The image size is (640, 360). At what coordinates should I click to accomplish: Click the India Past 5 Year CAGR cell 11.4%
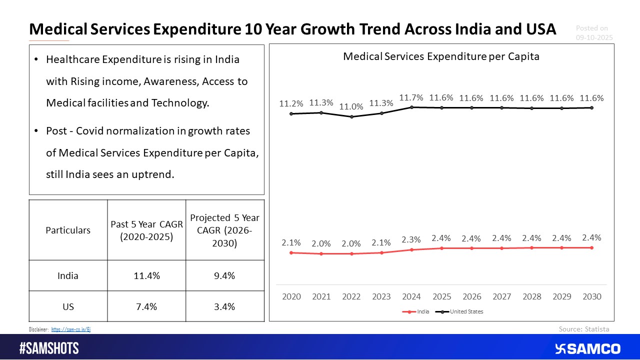pos(146,275)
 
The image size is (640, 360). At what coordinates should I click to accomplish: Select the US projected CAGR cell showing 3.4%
pos(224,306)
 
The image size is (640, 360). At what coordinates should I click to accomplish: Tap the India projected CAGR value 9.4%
pos(224,275)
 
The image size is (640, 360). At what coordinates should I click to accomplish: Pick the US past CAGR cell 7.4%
pos(146,306)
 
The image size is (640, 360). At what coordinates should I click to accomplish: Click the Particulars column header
pos(68,230)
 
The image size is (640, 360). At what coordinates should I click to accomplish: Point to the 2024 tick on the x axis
pos(411,296)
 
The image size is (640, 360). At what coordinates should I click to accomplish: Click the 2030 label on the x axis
pos(591,296)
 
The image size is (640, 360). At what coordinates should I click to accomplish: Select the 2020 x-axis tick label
pos(291,296)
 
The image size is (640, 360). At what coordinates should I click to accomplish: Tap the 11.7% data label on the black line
pos(411,97)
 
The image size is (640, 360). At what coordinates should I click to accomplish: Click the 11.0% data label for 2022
pos(351,106)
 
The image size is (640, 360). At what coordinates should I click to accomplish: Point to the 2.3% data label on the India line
pos(411,239)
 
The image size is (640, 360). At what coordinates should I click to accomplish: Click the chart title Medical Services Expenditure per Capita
pos(441,56)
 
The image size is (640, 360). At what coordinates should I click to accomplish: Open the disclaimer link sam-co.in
pos(71,329)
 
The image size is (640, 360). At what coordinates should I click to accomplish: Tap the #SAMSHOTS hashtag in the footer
pos(49,348)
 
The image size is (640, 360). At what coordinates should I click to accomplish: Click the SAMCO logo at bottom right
pos(587,348)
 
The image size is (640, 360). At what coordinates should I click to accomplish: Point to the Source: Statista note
pos(584,328)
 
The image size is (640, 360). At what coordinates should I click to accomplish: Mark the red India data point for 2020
pos(291,252)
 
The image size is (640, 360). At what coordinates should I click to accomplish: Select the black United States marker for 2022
pos(351,116)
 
